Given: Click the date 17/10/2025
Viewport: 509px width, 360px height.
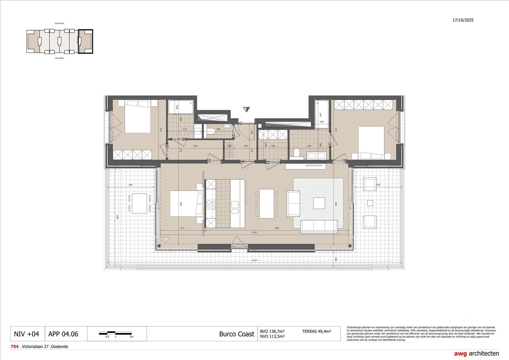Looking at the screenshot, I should (x=463, y=20).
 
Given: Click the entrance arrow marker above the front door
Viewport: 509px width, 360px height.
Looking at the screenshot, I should (x=246, y=109).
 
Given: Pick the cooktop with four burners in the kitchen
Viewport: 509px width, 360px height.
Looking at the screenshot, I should (x=210, y=205).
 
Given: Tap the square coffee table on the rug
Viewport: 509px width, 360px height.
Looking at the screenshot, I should (x=319, y=203).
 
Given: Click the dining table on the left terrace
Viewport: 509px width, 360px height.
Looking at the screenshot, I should (x=139, y=203).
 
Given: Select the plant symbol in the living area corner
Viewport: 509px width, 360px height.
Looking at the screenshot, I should (x=166, y=238).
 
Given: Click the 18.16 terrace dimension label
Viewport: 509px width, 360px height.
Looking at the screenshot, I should (x=254, y=260).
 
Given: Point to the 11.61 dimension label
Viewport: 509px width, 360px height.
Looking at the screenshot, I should (x=254, y=233).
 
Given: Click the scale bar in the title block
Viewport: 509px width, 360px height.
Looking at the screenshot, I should (x=116, y=333).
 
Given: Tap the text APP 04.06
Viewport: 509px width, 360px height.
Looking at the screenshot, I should (x=63, y=334).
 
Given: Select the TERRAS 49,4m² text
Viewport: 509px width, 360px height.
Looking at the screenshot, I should (x=317, y=331).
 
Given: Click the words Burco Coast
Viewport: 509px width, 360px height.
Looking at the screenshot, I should (x=236, y=334).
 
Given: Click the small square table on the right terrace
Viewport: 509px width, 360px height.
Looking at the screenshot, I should (x=370, y=203).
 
